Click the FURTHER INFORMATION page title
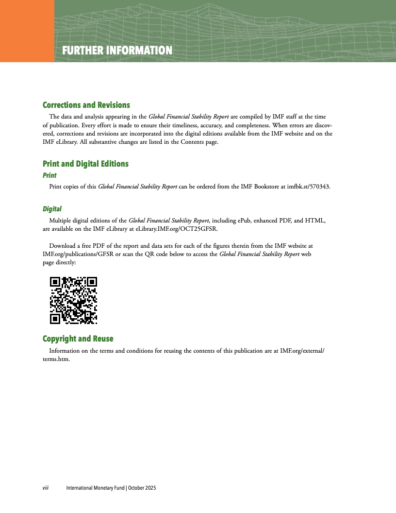(117, 51)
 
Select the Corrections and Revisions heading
(86, 105)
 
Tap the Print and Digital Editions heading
(85, 164)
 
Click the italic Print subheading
(49, 175)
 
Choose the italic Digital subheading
(52, 209)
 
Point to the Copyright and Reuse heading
(78, 339)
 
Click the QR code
(74, 300)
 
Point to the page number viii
(46, 488)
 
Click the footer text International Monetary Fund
(95, 488)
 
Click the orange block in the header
(27, 31)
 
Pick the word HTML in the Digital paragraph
(314, 221)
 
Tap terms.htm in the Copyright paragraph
(56, 359)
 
